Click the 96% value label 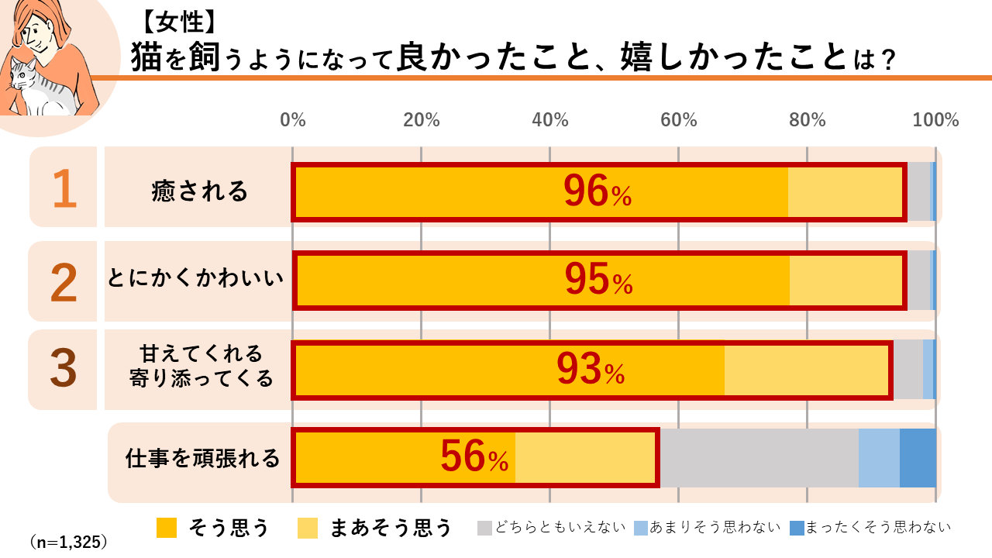(x=597, y=192)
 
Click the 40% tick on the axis (x=550, y=120)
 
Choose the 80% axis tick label (x=808, y=120)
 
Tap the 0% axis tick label (x=293, y=120)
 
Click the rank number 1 (x=64, y=190)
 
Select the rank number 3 (x=64, y=370)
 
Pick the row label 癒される (x=200, y=191)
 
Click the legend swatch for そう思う (x=167, y=528)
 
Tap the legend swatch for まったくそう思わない (x=797, y=528)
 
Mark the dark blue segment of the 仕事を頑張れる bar (x=918, y=458)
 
